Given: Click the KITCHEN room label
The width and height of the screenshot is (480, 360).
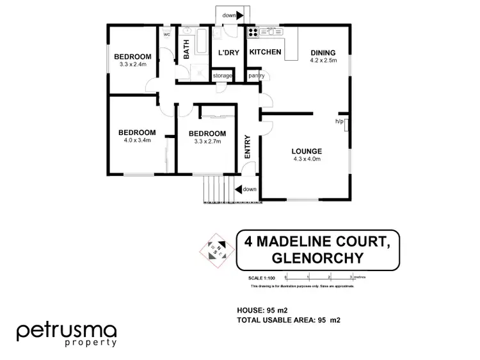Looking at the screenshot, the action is coord(265,52).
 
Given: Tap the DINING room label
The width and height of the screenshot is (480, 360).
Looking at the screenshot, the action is coord(323,52).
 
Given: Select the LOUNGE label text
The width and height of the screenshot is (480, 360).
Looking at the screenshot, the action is coord(307,152).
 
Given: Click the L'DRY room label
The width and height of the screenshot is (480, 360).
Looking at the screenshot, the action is coord(228,52).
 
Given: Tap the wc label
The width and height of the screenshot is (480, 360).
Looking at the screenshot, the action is coord(167,35).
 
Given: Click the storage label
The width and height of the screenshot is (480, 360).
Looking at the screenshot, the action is coord(223,75).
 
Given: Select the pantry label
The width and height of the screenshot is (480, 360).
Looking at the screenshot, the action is coord(258,75).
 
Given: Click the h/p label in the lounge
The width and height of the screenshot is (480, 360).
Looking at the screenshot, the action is coord(339,121).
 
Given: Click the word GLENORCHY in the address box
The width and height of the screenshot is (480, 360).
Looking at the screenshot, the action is coord(318,258).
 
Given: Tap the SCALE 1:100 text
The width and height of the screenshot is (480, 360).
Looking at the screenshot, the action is coord(262,278).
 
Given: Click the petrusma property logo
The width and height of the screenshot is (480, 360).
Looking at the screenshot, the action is coord(67,334).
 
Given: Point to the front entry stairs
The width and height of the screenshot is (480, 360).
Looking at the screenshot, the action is coord(216,189).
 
